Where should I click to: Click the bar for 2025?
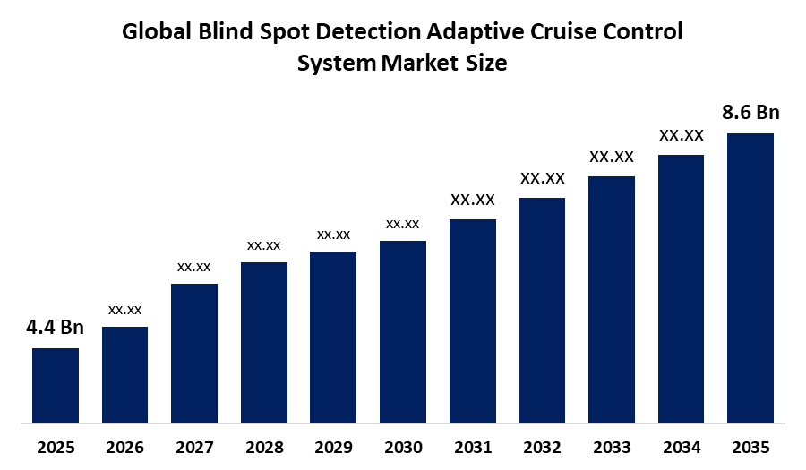tap(56, 385)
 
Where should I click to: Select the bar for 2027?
tap(194, 353)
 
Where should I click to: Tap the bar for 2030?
tap(403, 332)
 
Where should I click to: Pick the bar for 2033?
tap(612, 300)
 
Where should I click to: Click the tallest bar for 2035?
tap(750, 278)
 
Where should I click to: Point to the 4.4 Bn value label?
tap(55, 327)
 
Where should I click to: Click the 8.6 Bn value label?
tap(750, 112)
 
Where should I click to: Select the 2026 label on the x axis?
tap(124, 448)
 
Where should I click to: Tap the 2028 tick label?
tap(264, 448)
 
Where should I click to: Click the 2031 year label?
tap(473, 448)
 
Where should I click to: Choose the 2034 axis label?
tap(682, 448)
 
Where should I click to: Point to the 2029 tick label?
tap(334, 448)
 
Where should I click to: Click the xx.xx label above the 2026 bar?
tap(124, 311)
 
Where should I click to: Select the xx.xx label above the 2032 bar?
tap(543, 178)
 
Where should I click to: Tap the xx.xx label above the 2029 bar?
tap(334, 235)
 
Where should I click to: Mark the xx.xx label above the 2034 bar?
tap(682, 135)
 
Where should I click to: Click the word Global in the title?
tap(157, 32)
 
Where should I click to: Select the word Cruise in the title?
tap(564, 32)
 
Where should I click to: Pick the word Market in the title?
tap(420, 64)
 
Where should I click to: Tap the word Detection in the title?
tap(369, 32)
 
